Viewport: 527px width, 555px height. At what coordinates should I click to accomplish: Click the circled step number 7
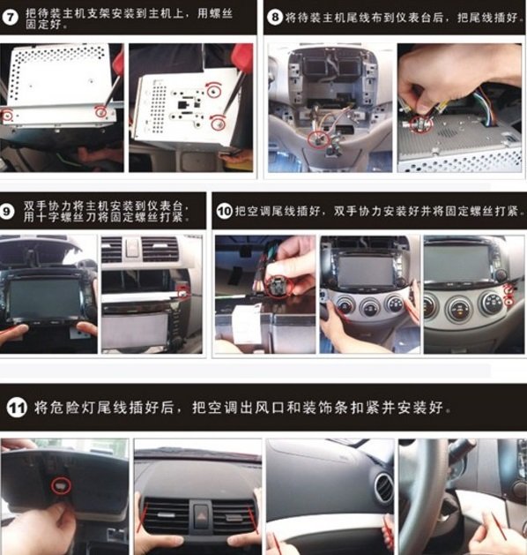[11, 17]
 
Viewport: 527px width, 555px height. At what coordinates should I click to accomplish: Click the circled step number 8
[275, 17]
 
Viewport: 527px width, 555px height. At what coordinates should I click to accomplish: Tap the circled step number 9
[7, 212]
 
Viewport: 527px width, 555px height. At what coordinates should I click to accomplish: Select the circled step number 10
[224, 211]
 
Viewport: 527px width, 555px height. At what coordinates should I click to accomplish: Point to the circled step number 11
[17, 408]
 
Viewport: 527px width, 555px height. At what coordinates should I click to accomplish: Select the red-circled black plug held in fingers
[278, 287]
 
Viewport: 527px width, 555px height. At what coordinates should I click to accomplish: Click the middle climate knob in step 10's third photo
[458, 306]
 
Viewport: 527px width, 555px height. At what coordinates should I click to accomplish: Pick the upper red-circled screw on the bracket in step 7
[212, 92]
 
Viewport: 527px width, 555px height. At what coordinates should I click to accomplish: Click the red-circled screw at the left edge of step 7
[7, 115]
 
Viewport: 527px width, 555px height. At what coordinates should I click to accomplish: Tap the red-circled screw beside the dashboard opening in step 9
[182, 292]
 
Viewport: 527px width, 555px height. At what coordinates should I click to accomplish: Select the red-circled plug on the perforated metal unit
[420, 124]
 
